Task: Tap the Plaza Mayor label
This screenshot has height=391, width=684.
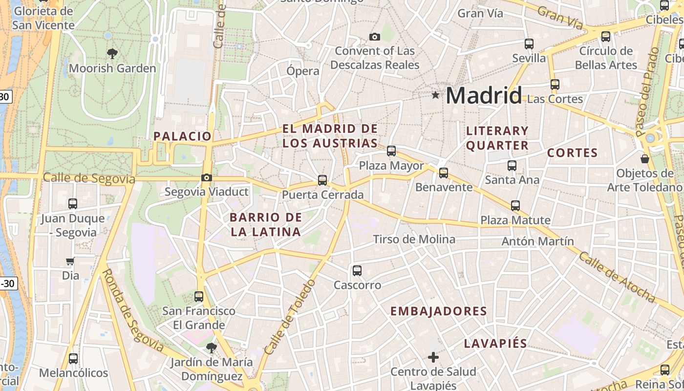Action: tap(391, 166)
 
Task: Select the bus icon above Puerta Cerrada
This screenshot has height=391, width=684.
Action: tap(322, 180)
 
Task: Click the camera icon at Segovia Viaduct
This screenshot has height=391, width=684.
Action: tap(207, 177)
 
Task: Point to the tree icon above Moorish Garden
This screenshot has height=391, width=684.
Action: tap(112, 53)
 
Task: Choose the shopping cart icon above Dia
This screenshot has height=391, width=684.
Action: tap(70, 261)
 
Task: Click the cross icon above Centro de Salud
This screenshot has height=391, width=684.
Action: tap(433, 357)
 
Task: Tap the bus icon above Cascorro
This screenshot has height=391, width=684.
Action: tap(357, 271)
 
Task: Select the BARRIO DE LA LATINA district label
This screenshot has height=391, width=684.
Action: tap(266, 224)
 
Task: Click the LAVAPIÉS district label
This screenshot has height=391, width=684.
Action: tap(495, 344)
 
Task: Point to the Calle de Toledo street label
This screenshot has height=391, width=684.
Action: tap(290, 317)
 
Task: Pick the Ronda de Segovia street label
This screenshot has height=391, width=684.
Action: tap(133, 311)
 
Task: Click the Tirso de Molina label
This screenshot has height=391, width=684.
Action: tap(414, 239)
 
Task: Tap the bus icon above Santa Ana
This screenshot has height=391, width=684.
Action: tap(512, 166)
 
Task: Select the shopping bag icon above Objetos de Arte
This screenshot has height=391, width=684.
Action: tap(645, 159)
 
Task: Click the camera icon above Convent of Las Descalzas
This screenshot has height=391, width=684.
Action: tap(375, 37)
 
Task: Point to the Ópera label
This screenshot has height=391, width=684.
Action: tap(303, 71)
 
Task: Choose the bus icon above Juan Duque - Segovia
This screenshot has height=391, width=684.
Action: tap(73, 204)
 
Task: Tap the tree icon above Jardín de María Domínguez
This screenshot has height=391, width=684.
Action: tap(211, 348)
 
